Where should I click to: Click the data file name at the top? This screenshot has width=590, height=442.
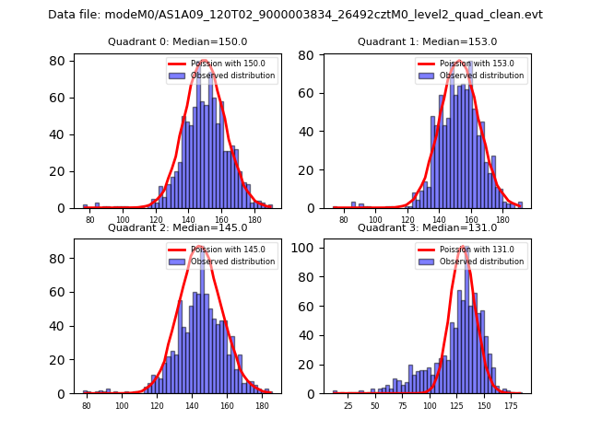[x=295, y=15]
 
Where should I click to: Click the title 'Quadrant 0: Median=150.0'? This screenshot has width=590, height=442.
[x=177, y=42]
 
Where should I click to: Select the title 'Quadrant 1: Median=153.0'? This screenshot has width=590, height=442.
[x=427, y=42]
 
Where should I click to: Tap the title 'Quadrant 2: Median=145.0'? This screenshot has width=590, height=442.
[x=177, y=227]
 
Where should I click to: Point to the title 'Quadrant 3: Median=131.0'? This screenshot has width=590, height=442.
[x=427, y=227]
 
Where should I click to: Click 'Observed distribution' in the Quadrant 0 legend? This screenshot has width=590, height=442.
[x=240, y=76]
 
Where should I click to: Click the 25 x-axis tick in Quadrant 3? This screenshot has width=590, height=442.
[x=348, y=405]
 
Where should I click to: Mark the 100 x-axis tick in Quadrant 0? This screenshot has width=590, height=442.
[x=124, y=220]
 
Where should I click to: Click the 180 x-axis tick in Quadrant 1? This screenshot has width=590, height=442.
[x=502, y=220]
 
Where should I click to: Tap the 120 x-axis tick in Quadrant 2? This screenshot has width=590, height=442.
[x=157, y=405]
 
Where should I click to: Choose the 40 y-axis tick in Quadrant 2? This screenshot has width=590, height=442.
[x=61, y=325]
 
